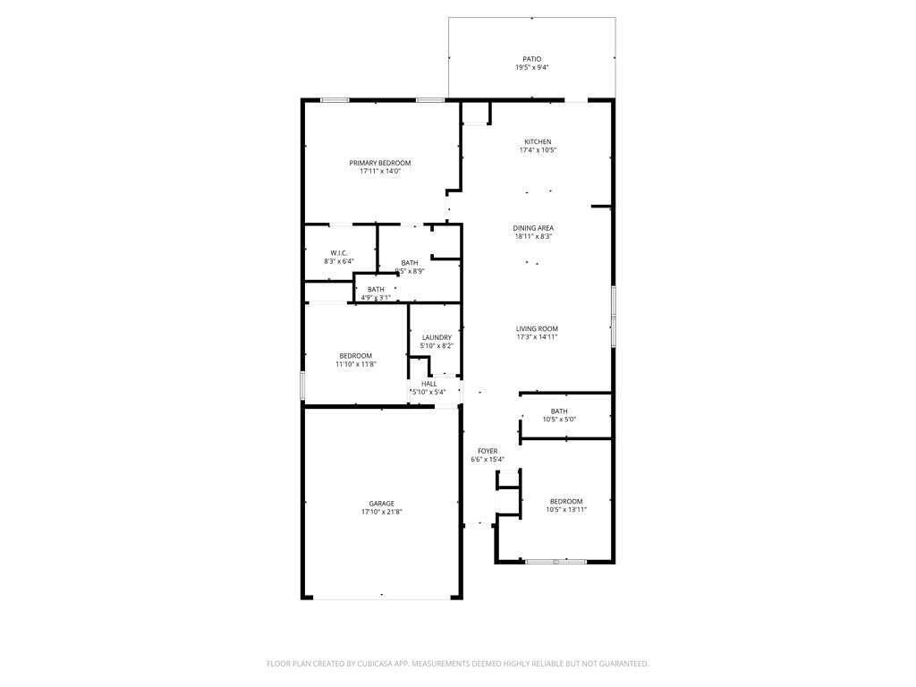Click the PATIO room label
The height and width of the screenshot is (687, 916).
pos(532,59)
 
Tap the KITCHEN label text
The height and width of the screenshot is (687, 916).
pos(538,142)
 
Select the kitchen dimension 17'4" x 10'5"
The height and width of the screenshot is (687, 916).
pos(538,150)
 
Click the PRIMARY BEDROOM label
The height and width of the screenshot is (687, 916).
pos(380,163)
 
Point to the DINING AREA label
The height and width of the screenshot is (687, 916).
pos(533,228)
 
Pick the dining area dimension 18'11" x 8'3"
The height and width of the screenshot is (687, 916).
pos(533,236)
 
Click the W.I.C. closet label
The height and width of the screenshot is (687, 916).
pos(338,253)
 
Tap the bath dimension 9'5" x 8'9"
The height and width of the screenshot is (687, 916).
pos(409,271)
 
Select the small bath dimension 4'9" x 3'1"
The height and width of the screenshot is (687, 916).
pos(376,297)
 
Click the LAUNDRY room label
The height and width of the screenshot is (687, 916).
pos(437,337)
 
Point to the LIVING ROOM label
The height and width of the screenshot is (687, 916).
pos(537,328)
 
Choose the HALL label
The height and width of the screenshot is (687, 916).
pos(429,384)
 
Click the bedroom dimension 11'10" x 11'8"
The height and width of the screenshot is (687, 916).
pos(355,364)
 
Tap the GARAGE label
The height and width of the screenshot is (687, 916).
pos(382,504)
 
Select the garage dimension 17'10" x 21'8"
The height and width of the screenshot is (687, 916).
pos(382,513)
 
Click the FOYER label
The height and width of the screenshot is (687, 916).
pos(488,452)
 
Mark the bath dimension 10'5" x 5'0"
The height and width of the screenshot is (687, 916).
pos(559,419)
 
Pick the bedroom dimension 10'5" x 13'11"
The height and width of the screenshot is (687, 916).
pos(566,509)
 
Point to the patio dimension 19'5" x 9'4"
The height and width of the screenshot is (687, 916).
pos(532,68)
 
